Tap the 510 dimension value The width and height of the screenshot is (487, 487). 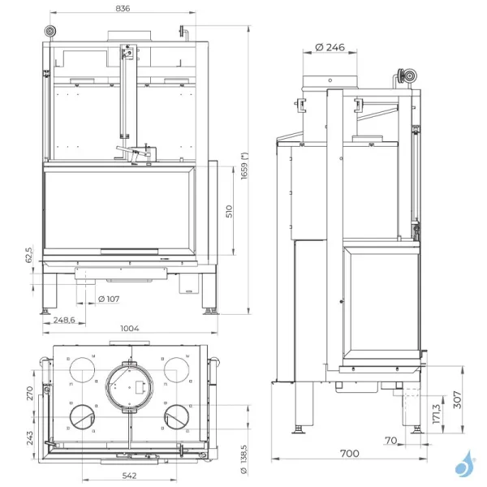pyautogui.click(x=230, y=212)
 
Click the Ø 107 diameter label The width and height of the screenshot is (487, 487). pyautogui.click(x=107, y=298)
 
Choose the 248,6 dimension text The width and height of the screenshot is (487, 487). pyautogui.click(x=58, y=321)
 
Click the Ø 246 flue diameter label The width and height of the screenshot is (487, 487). pyautogui.click(x=330, y=47)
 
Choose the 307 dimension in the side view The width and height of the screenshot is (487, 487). pyautogui.click(x=458, y=399)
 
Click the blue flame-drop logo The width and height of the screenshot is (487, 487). pyautogui.click(x=465, y=463)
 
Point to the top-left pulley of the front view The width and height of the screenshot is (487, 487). pyautogui.click(x=51, y=31)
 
